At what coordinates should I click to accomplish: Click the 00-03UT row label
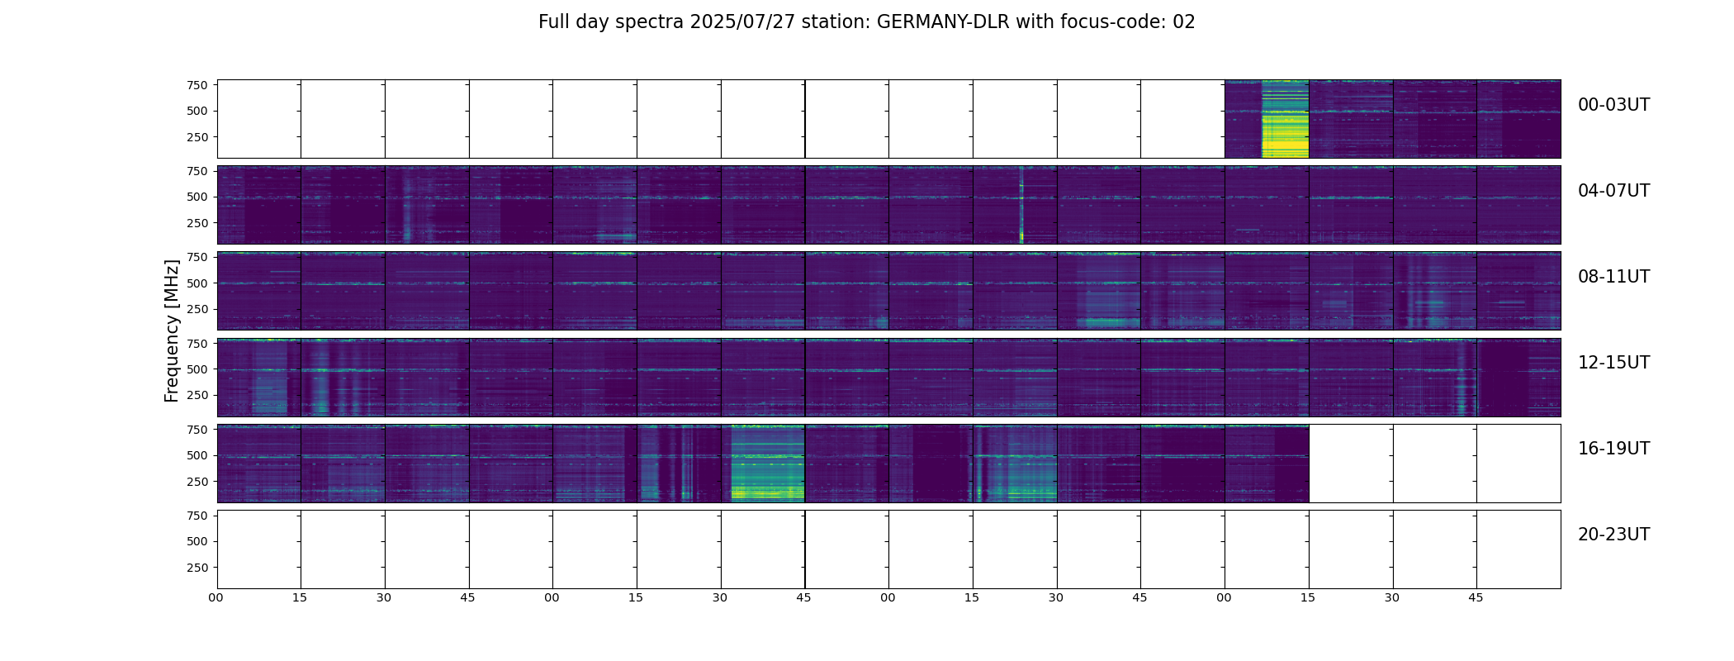[1613, 105]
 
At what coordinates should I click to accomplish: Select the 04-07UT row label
[1613, 191]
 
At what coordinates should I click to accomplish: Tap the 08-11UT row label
[1613, 277]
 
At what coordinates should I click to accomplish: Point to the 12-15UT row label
[1613, 363]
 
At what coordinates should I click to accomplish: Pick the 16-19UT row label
[1613, 449]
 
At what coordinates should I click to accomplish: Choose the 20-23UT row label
[1613, 535]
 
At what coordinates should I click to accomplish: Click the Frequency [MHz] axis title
[172, 330]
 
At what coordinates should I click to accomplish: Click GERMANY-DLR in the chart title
[943, 22]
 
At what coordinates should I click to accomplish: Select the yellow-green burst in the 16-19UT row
[768, 467]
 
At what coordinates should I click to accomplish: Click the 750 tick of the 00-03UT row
[197, 85]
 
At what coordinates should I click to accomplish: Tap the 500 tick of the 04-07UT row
[197, 197]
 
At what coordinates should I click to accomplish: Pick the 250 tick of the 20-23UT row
[197, 568]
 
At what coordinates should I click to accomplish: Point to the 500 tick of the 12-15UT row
[197, 369]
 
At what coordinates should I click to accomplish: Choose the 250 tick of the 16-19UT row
[197, 482]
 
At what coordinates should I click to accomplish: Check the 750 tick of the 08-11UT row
[197, 257]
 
